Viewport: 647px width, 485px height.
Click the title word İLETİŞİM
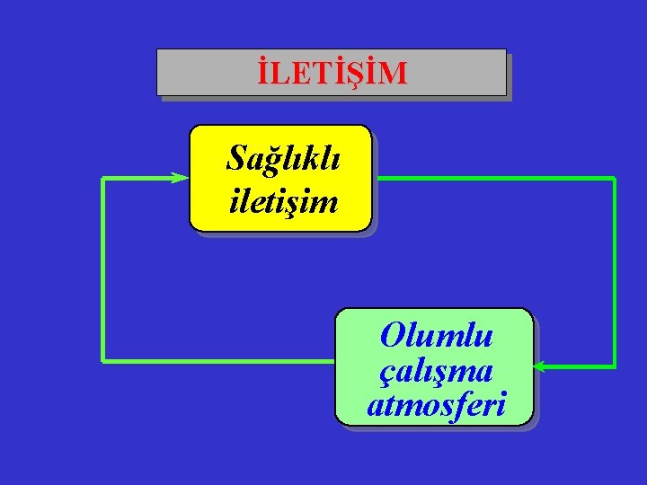(331, 73)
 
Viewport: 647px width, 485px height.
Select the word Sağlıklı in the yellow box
(283, 159)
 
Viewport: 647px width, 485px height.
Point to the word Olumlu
(436, 336)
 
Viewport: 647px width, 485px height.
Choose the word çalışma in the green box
(436, 370)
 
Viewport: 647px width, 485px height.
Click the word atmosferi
(436, 405)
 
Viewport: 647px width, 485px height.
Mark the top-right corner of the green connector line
(615, 179)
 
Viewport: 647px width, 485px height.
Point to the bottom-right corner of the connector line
(615, 366)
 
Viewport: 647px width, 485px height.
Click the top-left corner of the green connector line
(103, 179)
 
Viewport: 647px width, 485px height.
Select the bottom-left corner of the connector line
(103, 361)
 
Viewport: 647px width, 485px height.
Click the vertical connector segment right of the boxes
(615, 269)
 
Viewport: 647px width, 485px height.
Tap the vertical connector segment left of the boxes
(103, 269)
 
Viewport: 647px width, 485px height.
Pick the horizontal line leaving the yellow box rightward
(494, 179)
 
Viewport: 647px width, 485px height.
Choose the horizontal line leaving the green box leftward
(220, 361)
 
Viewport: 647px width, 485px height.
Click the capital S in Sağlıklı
(237, 159)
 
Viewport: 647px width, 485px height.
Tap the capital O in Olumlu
(392, 337)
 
